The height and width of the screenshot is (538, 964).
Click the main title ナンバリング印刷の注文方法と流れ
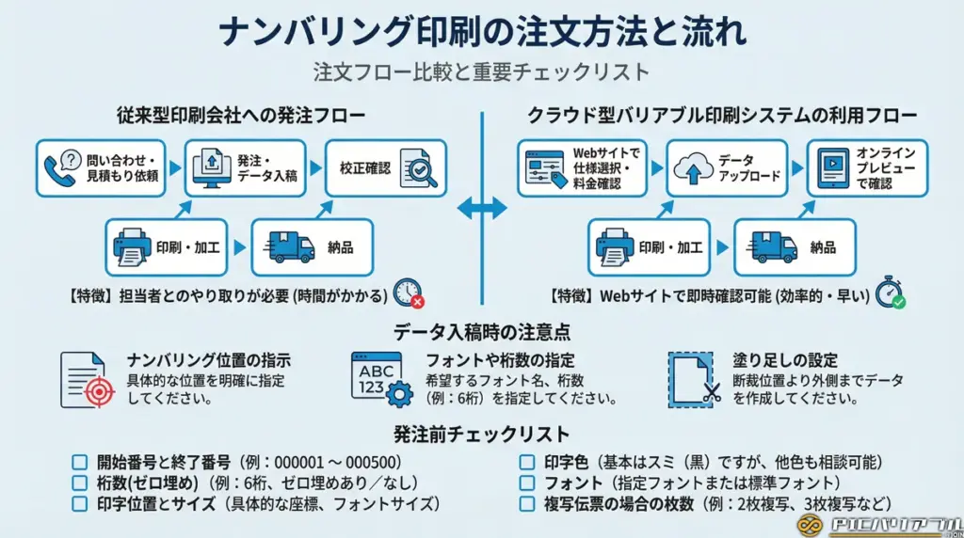[x=482, y=31]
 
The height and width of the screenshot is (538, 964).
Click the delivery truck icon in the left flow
[x=291, y=247]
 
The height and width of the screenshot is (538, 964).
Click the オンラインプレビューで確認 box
[x=866, y=167]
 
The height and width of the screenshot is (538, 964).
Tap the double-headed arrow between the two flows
[x=482, y=209]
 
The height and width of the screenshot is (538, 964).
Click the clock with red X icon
[x=408, y=293]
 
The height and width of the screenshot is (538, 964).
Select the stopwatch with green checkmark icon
[x=890, y=293]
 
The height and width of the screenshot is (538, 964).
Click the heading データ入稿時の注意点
[x=481, y=331]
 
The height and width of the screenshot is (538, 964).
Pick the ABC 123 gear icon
[x=381, y=379]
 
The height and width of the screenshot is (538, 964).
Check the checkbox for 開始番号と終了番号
[x=80, y=462]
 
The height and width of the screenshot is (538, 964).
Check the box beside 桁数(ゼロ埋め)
[x=80, y=483]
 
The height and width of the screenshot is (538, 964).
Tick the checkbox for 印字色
[x=527, y=462]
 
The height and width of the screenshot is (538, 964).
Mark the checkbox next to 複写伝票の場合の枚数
[x=527, y=503]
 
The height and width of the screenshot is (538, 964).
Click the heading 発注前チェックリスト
[x=481, y=435]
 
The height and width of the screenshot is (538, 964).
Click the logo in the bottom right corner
[x=878, y=525]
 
